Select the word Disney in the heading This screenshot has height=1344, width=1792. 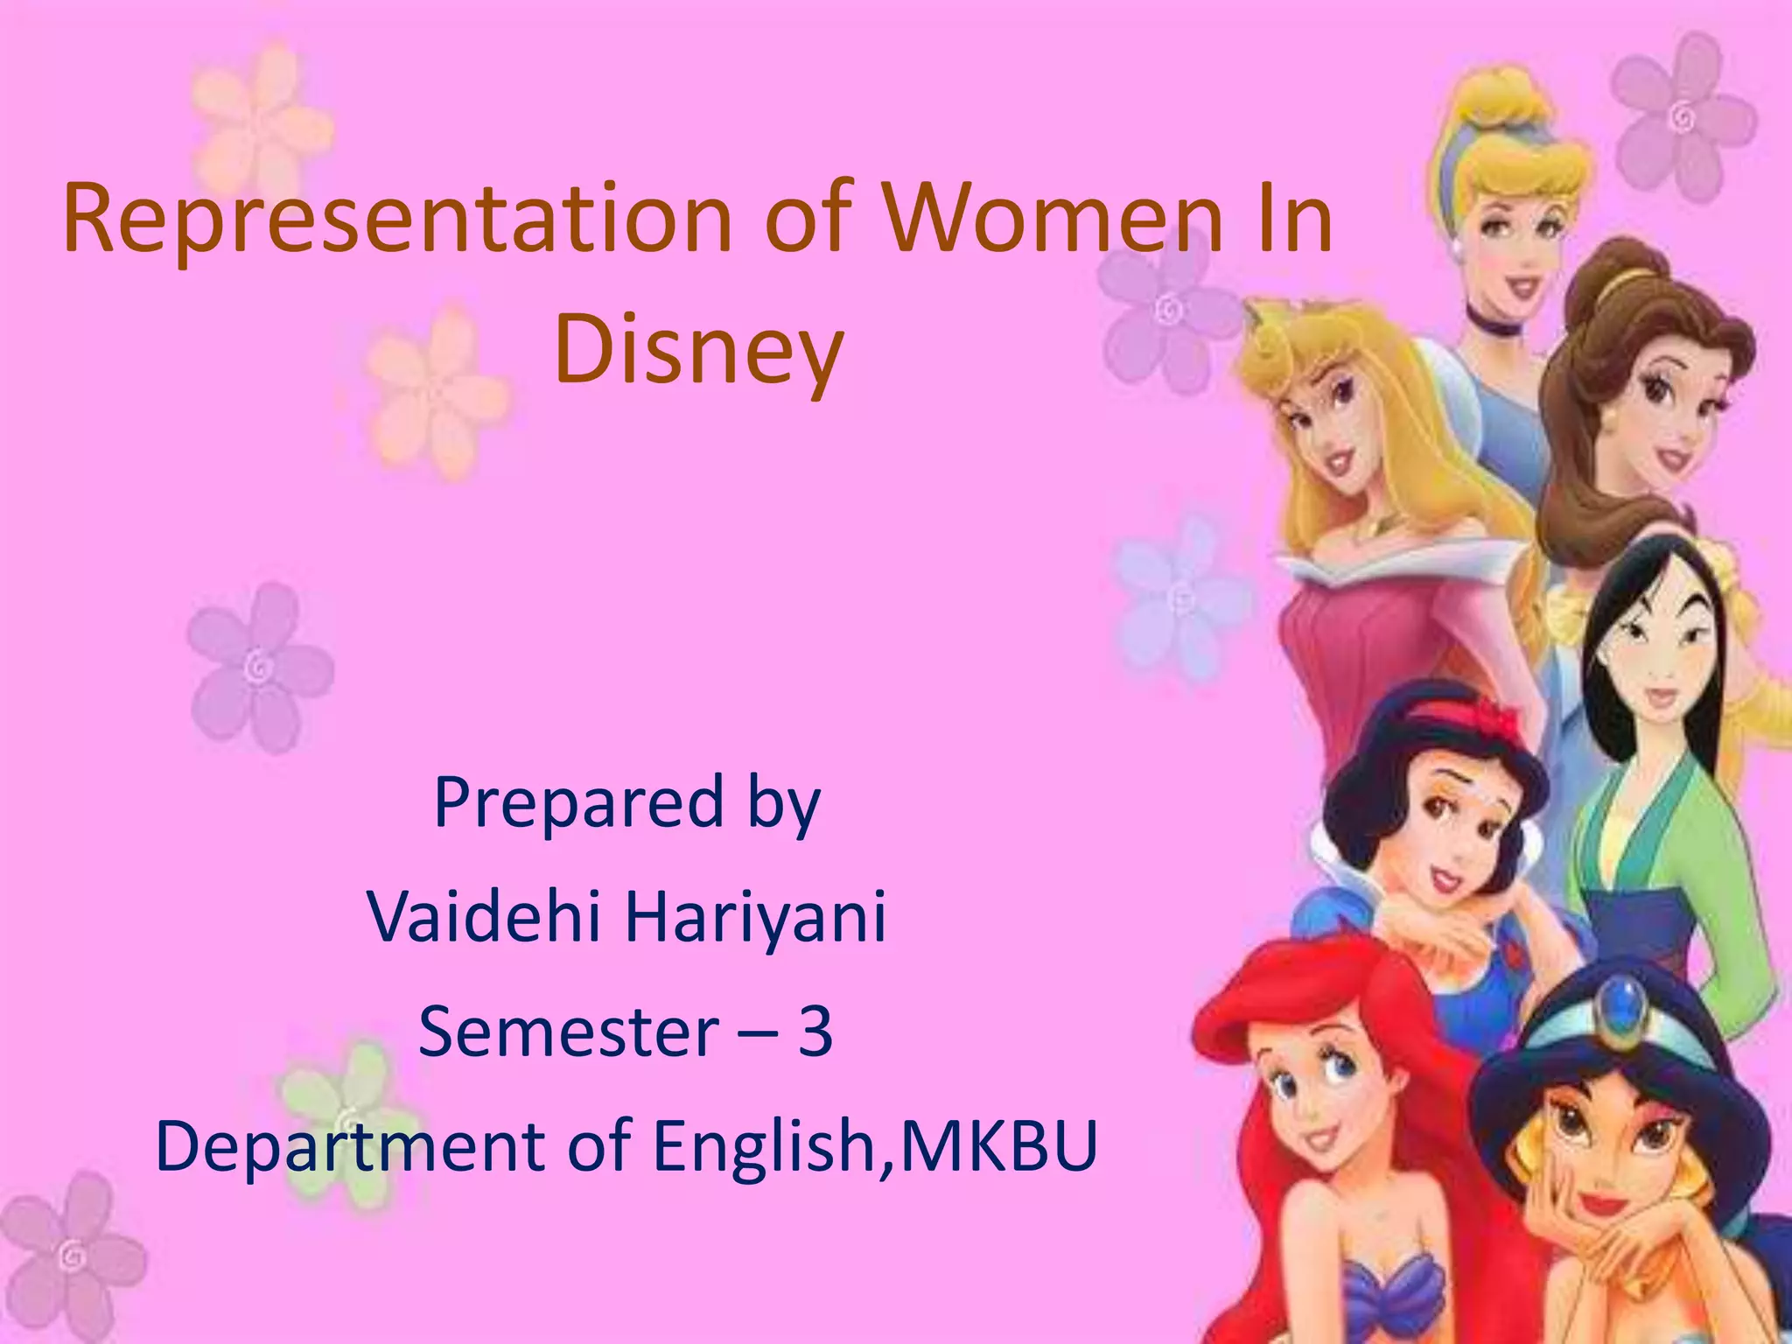[x=698, y=350]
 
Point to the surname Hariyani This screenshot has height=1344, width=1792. [x=755, y=916]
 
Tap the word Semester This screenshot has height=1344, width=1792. [x=569, y=1031]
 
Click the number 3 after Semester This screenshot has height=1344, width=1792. [x=815, y=1031]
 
